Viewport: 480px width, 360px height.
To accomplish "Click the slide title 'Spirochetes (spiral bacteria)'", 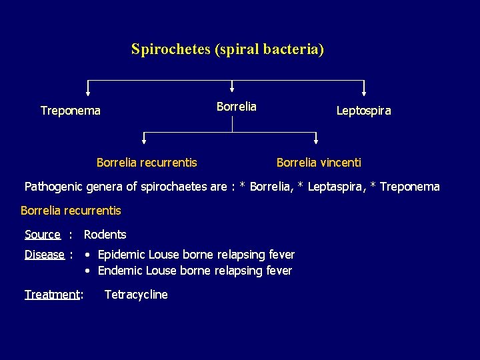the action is pos(227,49).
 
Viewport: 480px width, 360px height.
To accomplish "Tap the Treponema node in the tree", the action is pos(71,111).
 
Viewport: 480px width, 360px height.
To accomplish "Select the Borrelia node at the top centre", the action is pos(236,107).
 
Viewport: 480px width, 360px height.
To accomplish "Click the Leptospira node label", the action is pos(363,111).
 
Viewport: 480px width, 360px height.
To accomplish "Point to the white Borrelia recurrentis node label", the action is pos(147,162).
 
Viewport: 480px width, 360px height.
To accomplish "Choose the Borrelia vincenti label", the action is pos(319,162).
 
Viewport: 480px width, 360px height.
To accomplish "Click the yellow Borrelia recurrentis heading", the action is pos(71,211).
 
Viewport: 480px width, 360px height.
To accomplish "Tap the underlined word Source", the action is pos(42,235).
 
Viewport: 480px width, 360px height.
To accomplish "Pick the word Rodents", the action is pos(105,235).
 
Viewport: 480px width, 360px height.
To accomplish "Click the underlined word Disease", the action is pos(44,255).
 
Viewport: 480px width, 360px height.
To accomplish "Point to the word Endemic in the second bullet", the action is pos(120,271).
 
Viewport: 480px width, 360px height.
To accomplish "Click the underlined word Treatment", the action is pos(52,295).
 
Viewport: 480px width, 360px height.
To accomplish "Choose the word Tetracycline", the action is pos(136,295).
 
